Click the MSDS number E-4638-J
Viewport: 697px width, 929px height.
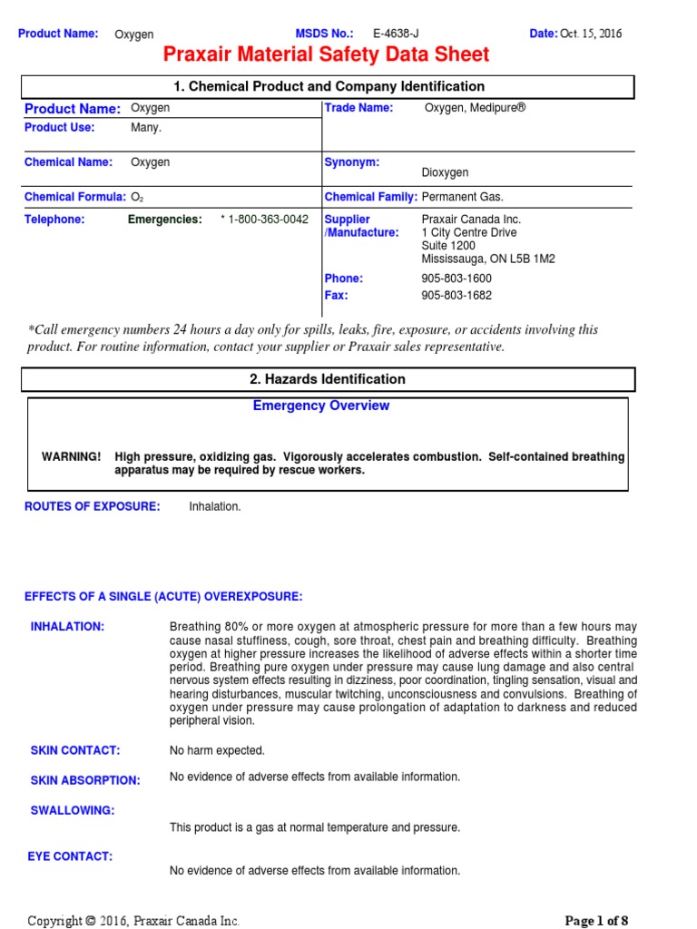pos(396,34)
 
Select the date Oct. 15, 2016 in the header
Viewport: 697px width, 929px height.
pos(591,34)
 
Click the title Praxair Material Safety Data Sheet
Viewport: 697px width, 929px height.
pos(326,55)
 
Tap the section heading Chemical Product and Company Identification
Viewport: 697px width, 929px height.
pos(329,86)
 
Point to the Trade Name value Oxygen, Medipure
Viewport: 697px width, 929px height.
pos(475,108)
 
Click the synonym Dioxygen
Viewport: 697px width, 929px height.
pos(445,172)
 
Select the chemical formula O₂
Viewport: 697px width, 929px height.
pos(137,197)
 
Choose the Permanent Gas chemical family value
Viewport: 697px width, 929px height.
pos(462,197)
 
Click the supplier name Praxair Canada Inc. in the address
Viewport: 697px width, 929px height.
pos(471,220)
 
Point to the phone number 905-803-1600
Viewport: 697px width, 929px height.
pos(456,279)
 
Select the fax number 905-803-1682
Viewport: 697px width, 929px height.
pos(456,296)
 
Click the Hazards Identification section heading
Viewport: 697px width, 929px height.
pos(329,379)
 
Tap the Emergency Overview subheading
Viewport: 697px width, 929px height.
pos(320,406)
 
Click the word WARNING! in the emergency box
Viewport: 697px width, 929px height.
pos(72,456)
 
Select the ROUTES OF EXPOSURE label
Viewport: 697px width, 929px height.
pos(92,506)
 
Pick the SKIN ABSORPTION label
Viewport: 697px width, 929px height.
pos(85,780)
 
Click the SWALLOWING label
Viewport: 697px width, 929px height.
pos(73,810)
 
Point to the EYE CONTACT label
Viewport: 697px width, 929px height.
pos(72,856)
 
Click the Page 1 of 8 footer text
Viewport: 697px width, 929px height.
pos(596,920)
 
